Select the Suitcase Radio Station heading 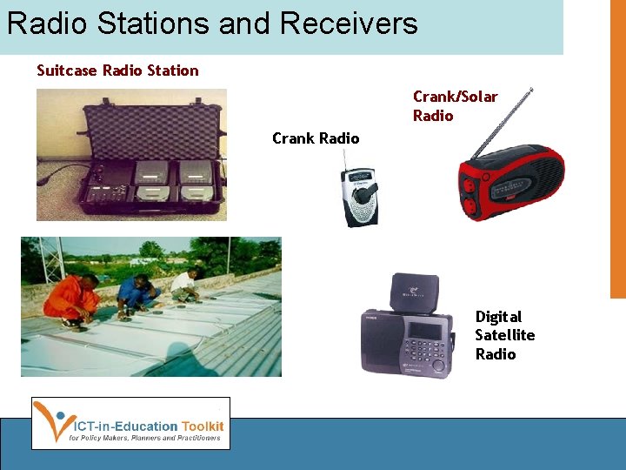(x=117, y=70)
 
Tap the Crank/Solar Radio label (x=455, y=105)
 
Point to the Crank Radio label (x=315, y=138)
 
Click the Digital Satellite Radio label (x=504, y=335)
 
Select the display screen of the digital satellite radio (x=425, y=332)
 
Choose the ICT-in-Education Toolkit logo (x=130, y=423)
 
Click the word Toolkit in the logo (x=203, y=426)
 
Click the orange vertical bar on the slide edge (x=618, y=148)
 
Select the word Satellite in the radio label (x=504, y=335)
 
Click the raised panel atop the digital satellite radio (x=415, y=292)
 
